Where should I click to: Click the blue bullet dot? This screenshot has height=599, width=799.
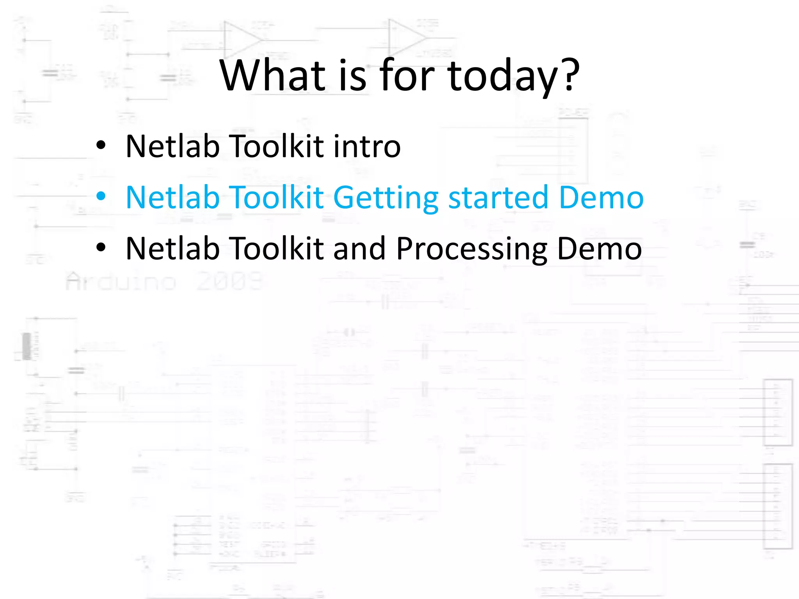coord(101,196)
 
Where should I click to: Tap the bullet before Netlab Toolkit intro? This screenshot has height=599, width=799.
coord(101,145)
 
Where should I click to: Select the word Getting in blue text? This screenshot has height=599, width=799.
coord(386,198)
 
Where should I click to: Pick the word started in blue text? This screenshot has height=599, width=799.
coord(499,197)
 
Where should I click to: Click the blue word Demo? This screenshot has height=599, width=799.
coord(601,197)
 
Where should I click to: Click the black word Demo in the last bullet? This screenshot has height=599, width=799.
coord(599,248)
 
